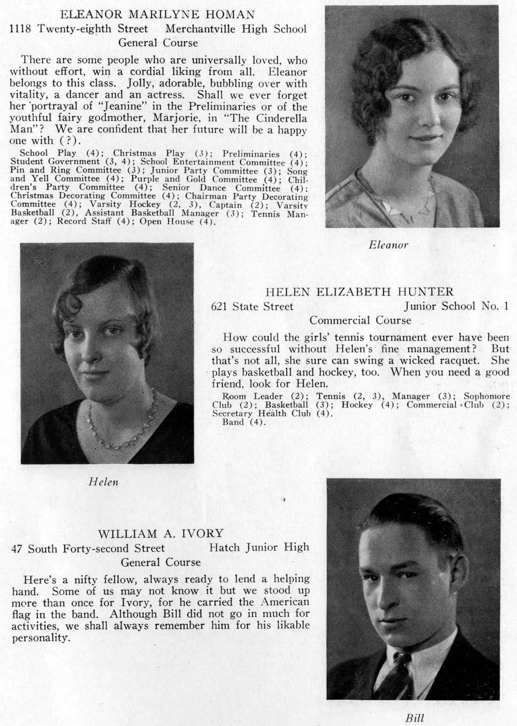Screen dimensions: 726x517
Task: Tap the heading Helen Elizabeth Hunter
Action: coord(359,292)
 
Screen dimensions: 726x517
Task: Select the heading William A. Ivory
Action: coord(160,534)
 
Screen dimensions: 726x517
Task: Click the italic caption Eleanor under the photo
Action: coord(388,245)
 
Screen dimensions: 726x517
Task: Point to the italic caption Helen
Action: coord(103,482)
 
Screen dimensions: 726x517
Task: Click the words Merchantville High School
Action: coord(236,29)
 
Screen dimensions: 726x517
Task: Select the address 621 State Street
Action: coord(252,306)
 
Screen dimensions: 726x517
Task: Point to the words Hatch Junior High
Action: coord(259,547)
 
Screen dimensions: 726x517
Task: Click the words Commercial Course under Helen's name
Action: coord(360,320)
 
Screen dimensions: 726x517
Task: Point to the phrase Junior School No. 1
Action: coord(456,306)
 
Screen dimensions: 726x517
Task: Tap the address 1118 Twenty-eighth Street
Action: coord(79,29)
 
